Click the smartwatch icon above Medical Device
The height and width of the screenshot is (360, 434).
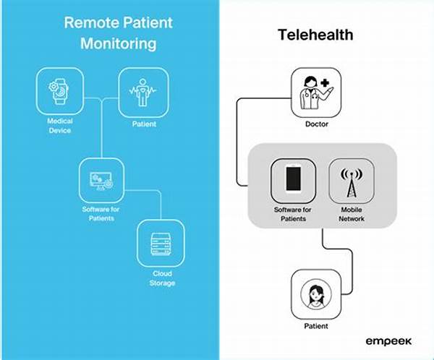click(59, 92)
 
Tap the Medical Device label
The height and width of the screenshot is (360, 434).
click(60, 126)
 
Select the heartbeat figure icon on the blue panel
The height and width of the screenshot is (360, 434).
click(142, 92)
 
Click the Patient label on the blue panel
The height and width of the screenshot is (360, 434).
click(144, 124)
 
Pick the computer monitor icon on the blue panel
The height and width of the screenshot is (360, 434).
click(101, 181)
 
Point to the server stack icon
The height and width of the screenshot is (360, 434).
click(161, 244)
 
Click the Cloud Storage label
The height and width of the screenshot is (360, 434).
click(162, 278)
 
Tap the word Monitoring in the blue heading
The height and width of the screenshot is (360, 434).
click(119, 44)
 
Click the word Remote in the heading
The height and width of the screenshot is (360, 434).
click(90, 22)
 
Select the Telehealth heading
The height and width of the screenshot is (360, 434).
click(315, 35)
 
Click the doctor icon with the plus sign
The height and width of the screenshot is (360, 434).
click(316, 93)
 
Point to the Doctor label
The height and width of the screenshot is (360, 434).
click(317, 124)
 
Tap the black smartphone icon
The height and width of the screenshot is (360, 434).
click(294, 179)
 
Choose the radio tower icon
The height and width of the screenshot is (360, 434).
click(352, 183)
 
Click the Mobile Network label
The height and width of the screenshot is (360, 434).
click(352, 214)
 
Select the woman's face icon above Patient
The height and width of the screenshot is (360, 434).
click(316, 294)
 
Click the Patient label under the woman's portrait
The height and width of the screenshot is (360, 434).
click(316, 326)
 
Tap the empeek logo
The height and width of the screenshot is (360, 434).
click(388, 342)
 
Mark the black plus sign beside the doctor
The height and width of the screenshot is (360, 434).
click(325, 83)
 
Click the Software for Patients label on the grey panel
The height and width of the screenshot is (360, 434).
click(293, 214)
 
